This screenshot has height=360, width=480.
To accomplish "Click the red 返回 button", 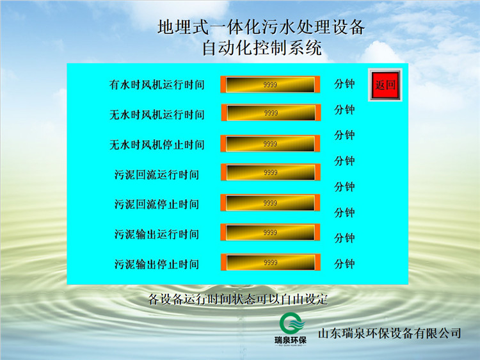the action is click(385, 85).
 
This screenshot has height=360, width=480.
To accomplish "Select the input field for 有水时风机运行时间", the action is click(270, 85).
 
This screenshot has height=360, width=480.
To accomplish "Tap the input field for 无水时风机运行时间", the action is click(271, 113).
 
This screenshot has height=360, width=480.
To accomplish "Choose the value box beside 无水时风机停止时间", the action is click(270, 143).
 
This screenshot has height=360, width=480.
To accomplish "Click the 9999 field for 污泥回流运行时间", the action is click(271, 172).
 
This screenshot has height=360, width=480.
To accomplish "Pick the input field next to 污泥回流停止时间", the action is click(270, 202).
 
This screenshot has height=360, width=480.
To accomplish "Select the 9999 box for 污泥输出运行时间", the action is click(270, 233).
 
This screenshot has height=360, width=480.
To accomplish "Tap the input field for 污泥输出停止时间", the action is click(271, 262).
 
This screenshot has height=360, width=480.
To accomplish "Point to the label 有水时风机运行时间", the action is click(157, 85).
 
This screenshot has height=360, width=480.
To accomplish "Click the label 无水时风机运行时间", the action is click(157, 115).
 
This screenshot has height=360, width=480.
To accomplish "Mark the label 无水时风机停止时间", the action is click(157, 145).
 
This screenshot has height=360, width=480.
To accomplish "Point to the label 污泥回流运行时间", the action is click(157, 175).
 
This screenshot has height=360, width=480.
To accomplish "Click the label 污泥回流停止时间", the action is click(157, 204).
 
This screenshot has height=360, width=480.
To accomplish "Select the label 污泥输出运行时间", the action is click(157, 234).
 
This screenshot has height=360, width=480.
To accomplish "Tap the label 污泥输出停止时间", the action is click(157, 264).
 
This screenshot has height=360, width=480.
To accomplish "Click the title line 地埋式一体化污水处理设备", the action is click(261, 27).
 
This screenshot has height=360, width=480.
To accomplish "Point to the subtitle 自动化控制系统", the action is click(262, 48).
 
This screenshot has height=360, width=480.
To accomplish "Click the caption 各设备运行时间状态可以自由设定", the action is click(238, 299).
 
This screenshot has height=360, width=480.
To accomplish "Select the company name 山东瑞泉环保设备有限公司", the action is click(389, 332).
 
